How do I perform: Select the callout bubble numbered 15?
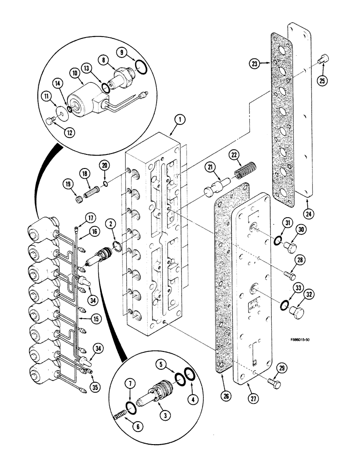[96, 319]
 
